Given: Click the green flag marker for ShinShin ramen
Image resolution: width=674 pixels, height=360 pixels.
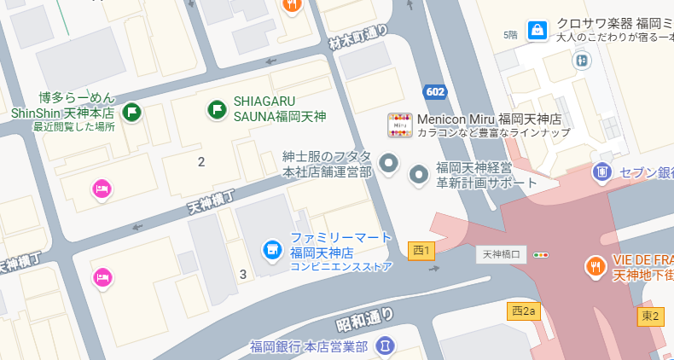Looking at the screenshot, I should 132,111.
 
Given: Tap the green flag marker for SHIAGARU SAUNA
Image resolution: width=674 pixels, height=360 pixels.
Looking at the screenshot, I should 218,109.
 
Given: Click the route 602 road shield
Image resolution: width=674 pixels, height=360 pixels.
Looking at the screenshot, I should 434,91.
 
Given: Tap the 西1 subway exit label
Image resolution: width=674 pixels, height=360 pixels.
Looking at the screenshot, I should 421,250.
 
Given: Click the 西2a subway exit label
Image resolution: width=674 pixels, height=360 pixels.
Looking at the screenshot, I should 524,311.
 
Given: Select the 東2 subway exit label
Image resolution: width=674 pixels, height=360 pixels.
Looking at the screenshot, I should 650,316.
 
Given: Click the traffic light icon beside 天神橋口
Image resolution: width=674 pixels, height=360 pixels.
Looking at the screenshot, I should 541,254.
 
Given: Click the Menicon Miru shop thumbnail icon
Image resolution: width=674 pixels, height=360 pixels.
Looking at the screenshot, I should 400,125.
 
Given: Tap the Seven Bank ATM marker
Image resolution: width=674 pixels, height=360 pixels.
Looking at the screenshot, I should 602,171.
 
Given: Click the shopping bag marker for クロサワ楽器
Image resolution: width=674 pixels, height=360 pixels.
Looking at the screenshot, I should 537,31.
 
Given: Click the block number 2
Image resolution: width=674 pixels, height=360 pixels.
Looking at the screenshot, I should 201,162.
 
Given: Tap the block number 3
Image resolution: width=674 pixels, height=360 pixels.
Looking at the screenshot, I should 243,274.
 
